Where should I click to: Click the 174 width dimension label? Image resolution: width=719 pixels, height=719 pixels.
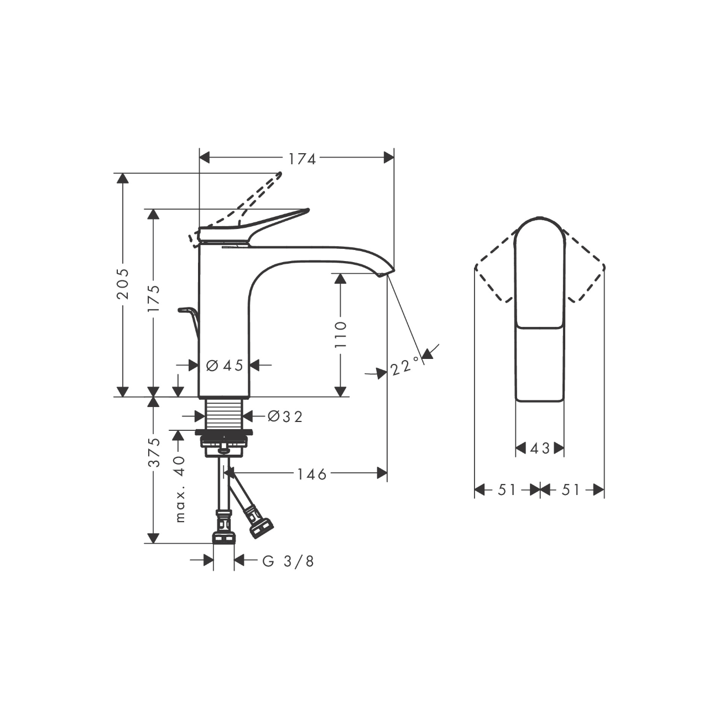click(x=302, y=159)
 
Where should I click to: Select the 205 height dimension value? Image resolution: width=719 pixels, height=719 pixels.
click(x=122, y=283)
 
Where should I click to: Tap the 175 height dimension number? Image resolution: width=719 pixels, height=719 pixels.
click(x=153, y=299)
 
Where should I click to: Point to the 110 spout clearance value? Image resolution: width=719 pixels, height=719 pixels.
click(x=340, y=334)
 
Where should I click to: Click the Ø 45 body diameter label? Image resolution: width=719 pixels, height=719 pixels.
click(x=225, y=365)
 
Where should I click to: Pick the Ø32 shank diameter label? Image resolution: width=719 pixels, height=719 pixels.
click(x=285, y=417)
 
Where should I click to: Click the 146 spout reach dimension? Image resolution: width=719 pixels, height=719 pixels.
click(x=311, y=474)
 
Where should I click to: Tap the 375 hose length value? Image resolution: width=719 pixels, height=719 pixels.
click(x=154, y=452)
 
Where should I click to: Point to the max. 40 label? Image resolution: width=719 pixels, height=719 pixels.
click(x=180, y=489)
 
